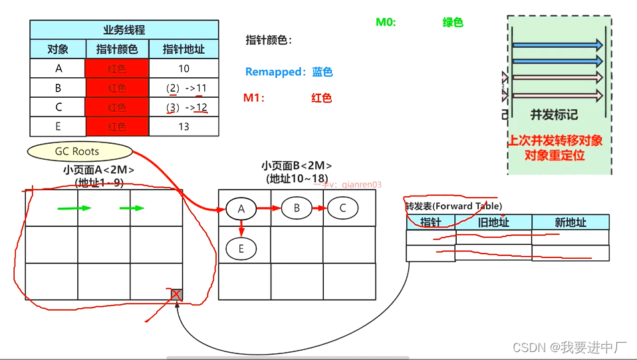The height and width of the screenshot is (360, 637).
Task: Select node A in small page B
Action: coord(241,208)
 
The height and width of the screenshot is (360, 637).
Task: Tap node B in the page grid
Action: coord(297,208)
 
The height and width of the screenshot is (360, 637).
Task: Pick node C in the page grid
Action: coord(342,208)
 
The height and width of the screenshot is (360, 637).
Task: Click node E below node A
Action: coord(241,249)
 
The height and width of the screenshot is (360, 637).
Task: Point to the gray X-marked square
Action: coord(176,295)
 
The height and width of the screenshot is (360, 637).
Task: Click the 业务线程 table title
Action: coord(124,30)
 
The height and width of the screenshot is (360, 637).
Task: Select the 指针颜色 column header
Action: coord(117,49)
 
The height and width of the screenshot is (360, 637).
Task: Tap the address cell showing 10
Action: coord(184,69)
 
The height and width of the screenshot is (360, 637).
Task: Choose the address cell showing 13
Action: coord(184,126)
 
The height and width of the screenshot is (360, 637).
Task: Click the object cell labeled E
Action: coord(58,126)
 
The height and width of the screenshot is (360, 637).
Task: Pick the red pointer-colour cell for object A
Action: coord(117,69)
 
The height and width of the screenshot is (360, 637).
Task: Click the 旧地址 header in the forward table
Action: coord(493,222)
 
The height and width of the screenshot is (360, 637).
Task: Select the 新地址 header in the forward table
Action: coord(570,222)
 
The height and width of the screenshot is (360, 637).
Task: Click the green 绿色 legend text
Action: coord(453,22)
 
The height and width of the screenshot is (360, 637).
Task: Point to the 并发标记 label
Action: coord(554,114)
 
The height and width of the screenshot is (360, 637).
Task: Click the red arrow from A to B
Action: coord(269,208)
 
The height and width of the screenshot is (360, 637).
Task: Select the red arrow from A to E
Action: coord(241,228)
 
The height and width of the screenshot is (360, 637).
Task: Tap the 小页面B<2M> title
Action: coord(297,166)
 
